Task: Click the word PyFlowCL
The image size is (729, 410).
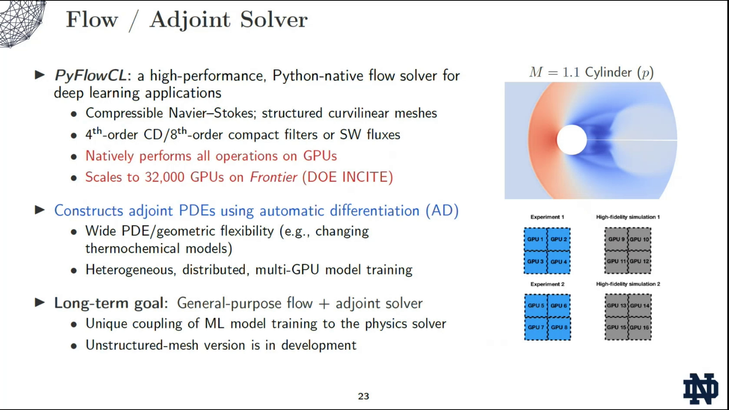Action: coord(90,76)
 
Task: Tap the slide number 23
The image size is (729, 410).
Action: coord(363,396)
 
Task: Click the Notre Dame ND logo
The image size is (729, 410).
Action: coord(701,389)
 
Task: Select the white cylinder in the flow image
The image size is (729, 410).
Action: coord(571,140)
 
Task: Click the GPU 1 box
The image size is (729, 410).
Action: coord(535,239)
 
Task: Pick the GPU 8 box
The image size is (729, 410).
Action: coord(559,327)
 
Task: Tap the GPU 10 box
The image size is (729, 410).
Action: coord(639,239)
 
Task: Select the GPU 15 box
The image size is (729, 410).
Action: coord(616,327)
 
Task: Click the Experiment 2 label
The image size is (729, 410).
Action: coord(547,284)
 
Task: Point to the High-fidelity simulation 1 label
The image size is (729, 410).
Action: coord(628,217)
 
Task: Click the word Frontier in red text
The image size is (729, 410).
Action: coord(273,177)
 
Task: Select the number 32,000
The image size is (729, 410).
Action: coord(164,177)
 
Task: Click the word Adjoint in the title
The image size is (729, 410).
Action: coord(190,20)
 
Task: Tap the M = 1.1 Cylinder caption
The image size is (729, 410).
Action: coord(591,72)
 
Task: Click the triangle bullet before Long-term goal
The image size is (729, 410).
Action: coord(40,303)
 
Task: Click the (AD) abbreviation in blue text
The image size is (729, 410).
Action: coord(442,211)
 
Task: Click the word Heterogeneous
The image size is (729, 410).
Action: coord(130,270)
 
